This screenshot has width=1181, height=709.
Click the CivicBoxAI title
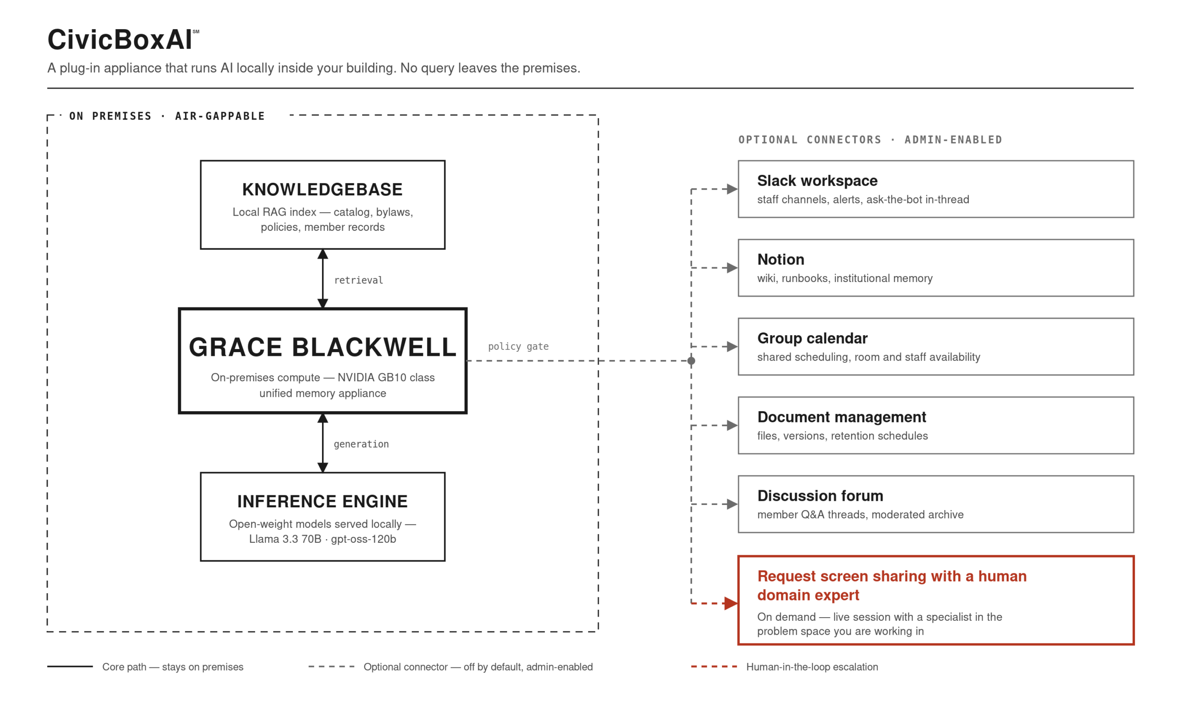pos(120,40)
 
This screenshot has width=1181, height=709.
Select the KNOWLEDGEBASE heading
pos(322,190)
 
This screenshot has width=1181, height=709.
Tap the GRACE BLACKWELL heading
pos(322,347)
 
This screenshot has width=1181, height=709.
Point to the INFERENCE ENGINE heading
pos(322,501)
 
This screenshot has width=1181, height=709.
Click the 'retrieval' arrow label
pos(358,280)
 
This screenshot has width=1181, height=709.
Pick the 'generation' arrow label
pos(361,444)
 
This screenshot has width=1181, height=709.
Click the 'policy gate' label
pos(518,346)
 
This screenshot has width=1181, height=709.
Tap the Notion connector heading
pos(781,259)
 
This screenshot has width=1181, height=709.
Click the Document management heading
pos(841,417)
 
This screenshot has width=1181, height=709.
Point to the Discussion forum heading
pos(820,496)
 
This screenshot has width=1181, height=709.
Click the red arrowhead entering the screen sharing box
pos(731,603)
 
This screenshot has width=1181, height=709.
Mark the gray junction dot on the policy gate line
pos(691,361)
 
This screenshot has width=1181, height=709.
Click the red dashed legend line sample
pos(714,667)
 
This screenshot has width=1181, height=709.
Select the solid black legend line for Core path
pos(70,667)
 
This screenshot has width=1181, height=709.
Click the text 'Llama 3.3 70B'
pos(285,539)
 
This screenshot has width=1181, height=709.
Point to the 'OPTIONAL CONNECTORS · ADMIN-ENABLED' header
pos(870,139)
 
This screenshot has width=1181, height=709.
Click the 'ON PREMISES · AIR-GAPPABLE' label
pos(167,116)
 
